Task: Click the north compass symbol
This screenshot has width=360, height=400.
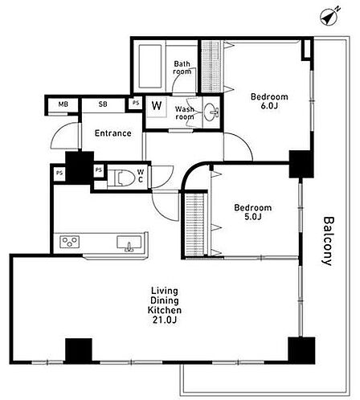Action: coord(330,17)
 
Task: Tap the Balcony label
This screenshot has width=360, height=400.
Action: coord(328,241)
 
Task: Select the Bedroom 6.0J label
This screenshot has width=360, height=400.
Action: coord(269,101)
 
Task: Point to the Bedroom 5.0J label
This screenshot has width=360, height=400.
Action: coord(252,212)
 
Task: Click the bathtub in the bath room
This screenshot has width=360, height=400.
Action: coord(150,66)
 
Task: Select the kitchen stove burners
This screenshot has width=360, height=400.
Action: coord(70,242)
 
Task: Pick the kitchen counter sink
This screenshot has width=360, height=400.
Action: coord(129,243)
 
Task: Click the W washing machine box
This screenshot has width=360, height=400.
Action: coord(157,106)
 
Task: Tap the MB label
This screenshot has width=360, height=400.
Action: coord(63,104)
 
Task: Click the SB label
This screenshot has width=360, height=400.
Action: coord(103,104)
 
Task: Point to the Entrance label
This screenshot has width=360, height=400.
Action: coord(113,133)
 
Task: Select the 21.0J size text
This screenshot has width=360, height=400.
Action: coord(165,320)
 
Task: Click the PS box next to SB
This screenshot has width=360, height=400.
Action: coord(136,103)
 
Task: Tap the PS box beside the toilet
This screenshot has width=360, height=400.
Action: coord(99,169)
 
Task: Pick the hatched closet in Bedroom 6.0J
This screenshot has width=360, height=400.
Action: coord(211,67)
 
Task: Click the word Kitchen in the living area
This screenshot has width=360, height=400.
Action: coord(165,310)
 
